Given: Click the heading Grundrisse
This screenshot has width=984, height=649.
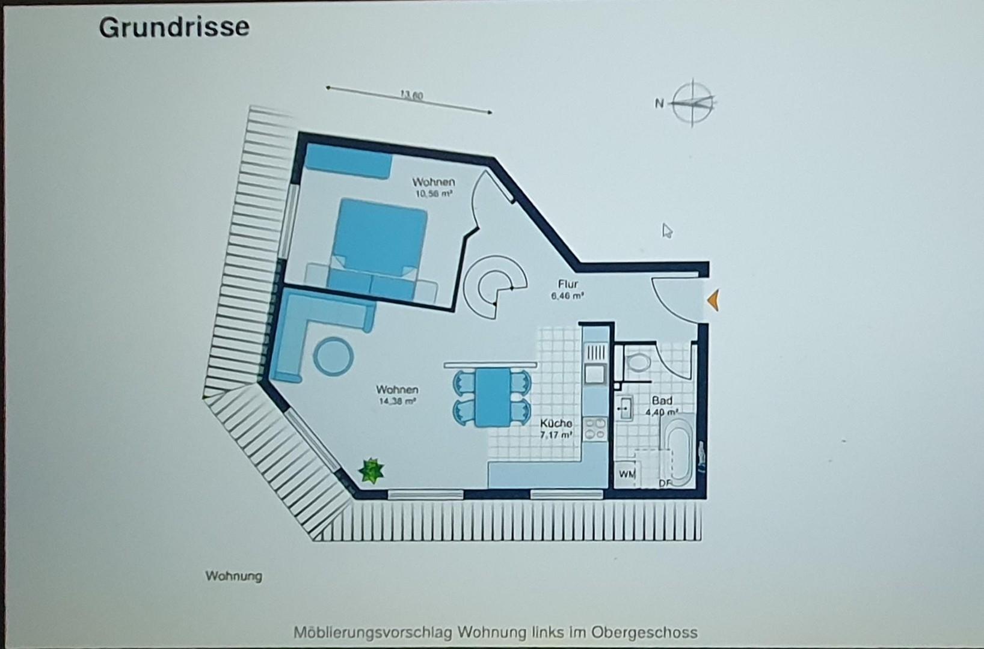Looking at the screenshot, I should tap(174, 28).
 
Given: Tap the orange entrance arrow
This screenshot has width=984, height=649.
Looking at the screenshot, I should tap(713, 300).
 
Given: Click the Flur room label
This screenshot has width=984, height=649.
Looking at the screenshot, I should tap(568, 284).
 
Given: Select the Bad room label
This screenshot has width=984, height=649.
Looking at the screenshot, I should tap(662, 401).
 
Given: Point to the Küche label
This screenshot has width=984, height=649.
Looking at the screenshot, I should tap(556, 423).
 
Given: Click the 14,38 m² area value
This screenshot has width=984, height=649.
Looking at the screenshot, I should tap(397, 401).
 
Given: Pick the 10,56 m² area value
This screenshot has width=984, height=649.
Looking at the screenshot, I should tap(433, 193).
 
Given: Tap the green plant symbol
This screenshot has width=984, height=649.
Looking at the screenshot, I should tap(371, 471).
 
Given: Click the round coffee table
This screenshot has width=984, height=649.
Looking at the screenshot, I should tap(333, 357).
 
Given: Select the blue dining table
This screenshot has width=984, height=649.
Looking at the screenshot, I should tap(492, 397).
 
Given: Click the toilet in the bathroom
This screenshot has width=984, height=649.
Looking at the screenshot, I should tap(636, 362).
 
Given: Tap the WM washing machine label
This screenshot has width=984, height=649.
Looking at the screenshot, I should tap(627, 474).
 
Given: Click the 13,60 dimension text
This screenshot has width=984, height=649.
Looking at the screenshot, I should tap(411, 95).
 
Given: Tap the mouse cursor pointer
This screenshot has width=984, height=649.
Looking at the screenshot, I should tap(666, 231).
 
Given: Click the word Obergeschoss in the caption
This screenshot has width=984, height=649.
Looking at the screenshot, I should tap(644, 632).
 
